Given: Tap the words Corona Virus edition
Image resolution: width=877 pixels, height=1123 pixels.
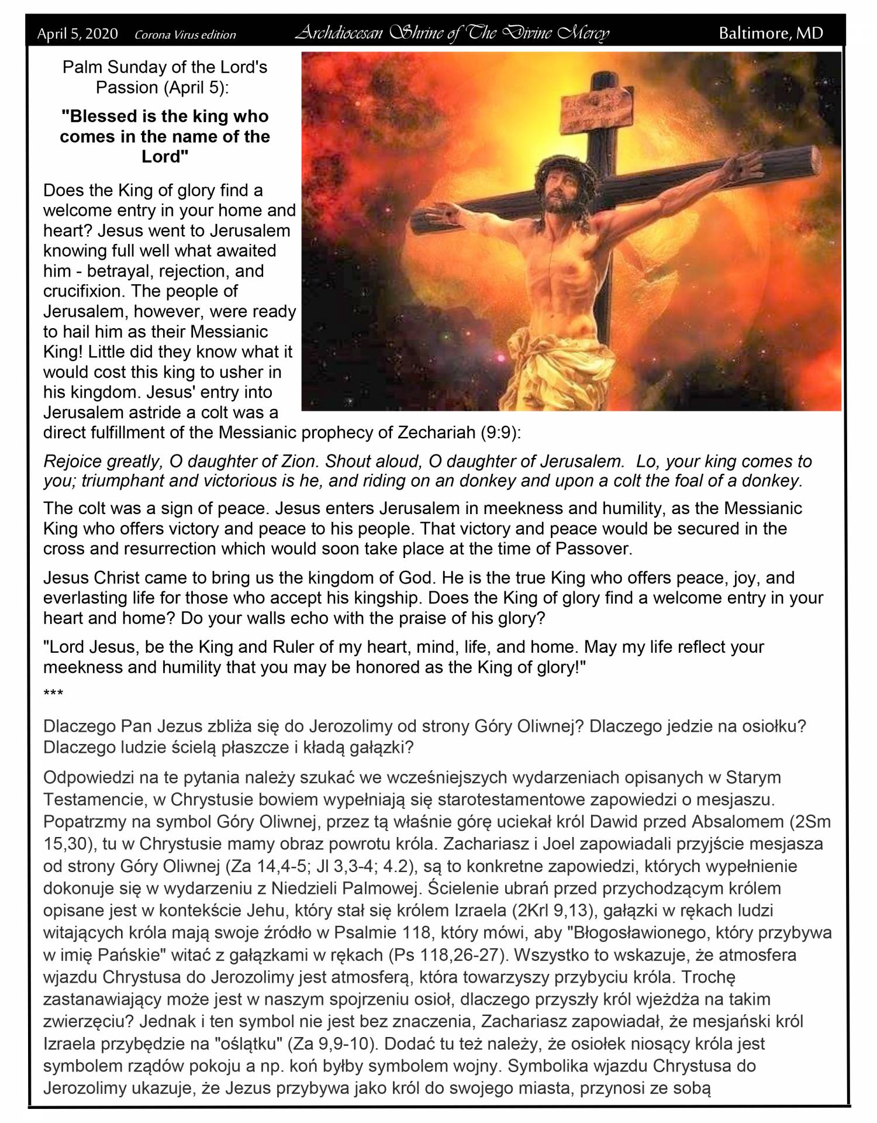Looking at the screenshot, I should [x=185, y=35].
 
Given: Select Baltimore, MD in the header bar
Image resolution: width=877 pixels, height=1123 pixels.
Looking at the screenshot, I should [x=771, y=33].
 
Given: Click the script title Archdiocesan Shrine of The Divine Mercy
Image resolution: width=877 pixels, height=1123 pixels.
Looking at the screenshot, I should [x=452, y=33].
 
